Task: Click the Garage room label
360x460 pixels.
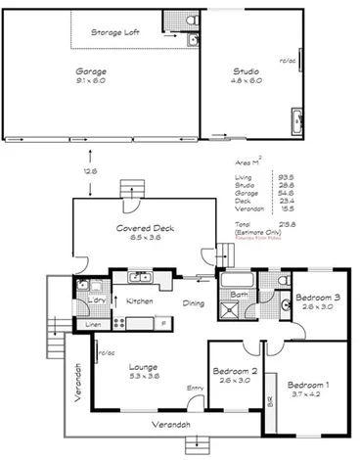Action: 91,71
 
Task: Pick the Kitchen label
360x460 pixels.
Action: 139,301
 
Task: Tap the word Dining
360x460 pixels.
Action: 193,303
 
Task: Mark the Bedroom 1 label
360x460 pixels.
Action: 307,386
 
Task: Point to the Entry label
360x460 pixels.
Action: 196,389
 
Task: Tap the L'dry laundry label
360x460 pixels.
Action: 96,299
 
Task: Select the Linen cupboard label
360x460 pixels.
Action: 93,324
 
